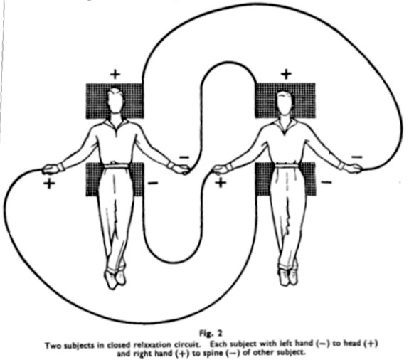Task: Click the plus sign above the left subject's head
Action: pos(115,74)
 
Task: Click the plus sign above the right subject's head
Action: pos(286,74)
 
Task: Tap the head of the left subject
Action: pos(115,100)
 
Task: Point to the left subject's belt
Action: pos(117,166)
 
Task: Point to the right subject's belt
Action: pos(287,165)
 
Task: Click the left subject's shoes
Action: pos(115,279)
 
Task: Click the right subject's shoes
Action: pos(288,277)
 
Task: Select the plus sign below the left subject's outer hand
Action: pos(49,184)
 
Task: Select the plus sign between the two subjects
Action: pos(221,183)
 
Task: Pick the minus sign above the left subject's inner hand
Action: pos(184,157)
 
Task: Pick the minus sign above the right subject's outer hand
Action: pos(357,157)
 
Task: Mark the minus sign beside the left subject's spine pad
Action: pos(153,183)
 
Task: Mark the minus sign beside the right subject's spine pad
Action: pos(326,182)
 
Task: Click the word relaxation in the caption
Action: pos(150,344)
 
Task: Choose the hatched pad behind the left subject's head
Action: pos(115,101)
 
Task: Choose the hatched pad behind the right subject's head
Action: pos(285,100)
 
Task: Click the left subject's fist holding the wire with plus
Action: pos(51,169)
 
